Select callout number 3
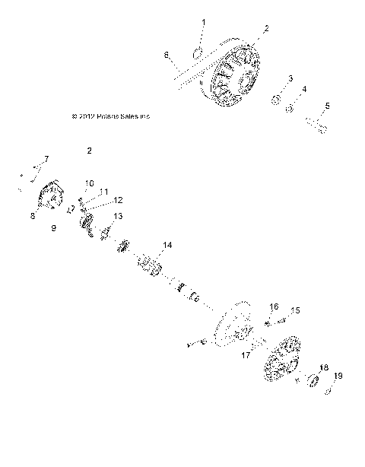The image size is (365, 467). tap(290, 78)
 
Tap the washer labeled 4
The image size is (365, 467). tap(290, 108)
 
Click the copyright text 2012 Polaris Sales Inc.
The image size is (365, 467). tap(110, 116)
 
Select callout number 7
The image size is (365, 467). tap(46, 158)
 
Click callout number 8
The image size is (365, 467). tap(33, 216)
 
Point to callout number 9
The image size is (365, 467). tap(54, 227)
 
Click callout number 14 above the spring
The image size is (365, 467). tap(167, 244)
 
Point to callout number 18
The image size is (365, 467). tap(324, 367)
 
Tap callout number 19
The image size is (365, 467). tap(338, 376)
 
